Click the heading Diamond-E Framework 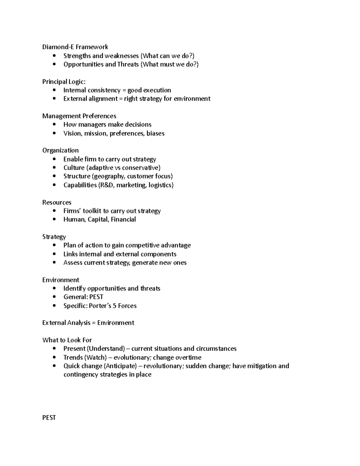(75, 47)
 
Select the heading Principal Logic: (64, 82)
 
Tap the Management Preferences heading (79, 116)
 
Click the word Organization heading (60, 150)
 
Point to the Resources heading (57, 202)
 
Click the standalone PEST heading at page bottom (49, 418)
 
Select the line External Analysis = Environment (88, 323)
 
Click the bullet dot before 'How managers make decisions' (54, 125)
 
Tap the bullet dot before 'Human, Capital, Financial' (54, 220)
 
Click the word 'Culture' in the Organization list (74, 168)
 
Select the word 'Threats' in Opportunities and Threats (128, 65)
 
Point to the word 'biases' (155, 134)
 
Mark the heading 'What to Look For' (67, 340)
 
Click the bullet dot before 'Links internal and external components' (54, 254)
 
